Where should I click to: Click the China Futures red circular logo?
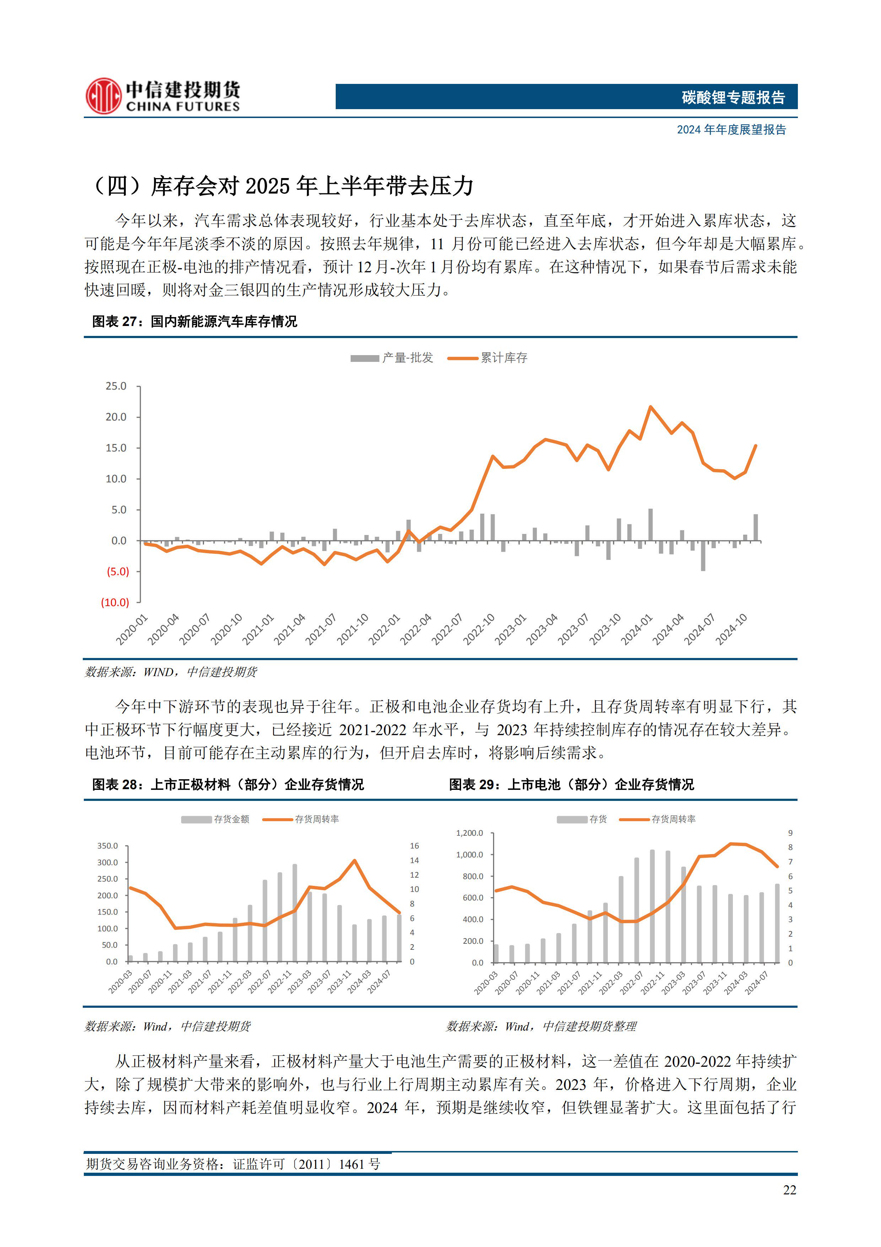[x=103, y=96]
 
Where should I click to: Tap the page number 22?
[x=789, y=1190]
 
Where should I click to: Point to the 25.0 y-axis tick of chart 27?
[x=115, y=386]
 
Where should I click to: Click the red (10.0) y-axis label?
[x=115, y=602]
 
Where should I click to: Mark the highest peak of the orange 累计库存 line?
[x=650, y=406]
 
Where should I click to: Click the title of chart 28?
[x=228, y=784]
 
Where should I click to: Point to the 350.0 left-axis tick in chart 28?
[x=108, y=846]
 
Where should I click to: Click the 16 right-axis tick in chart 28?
[x=414, y=846]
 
